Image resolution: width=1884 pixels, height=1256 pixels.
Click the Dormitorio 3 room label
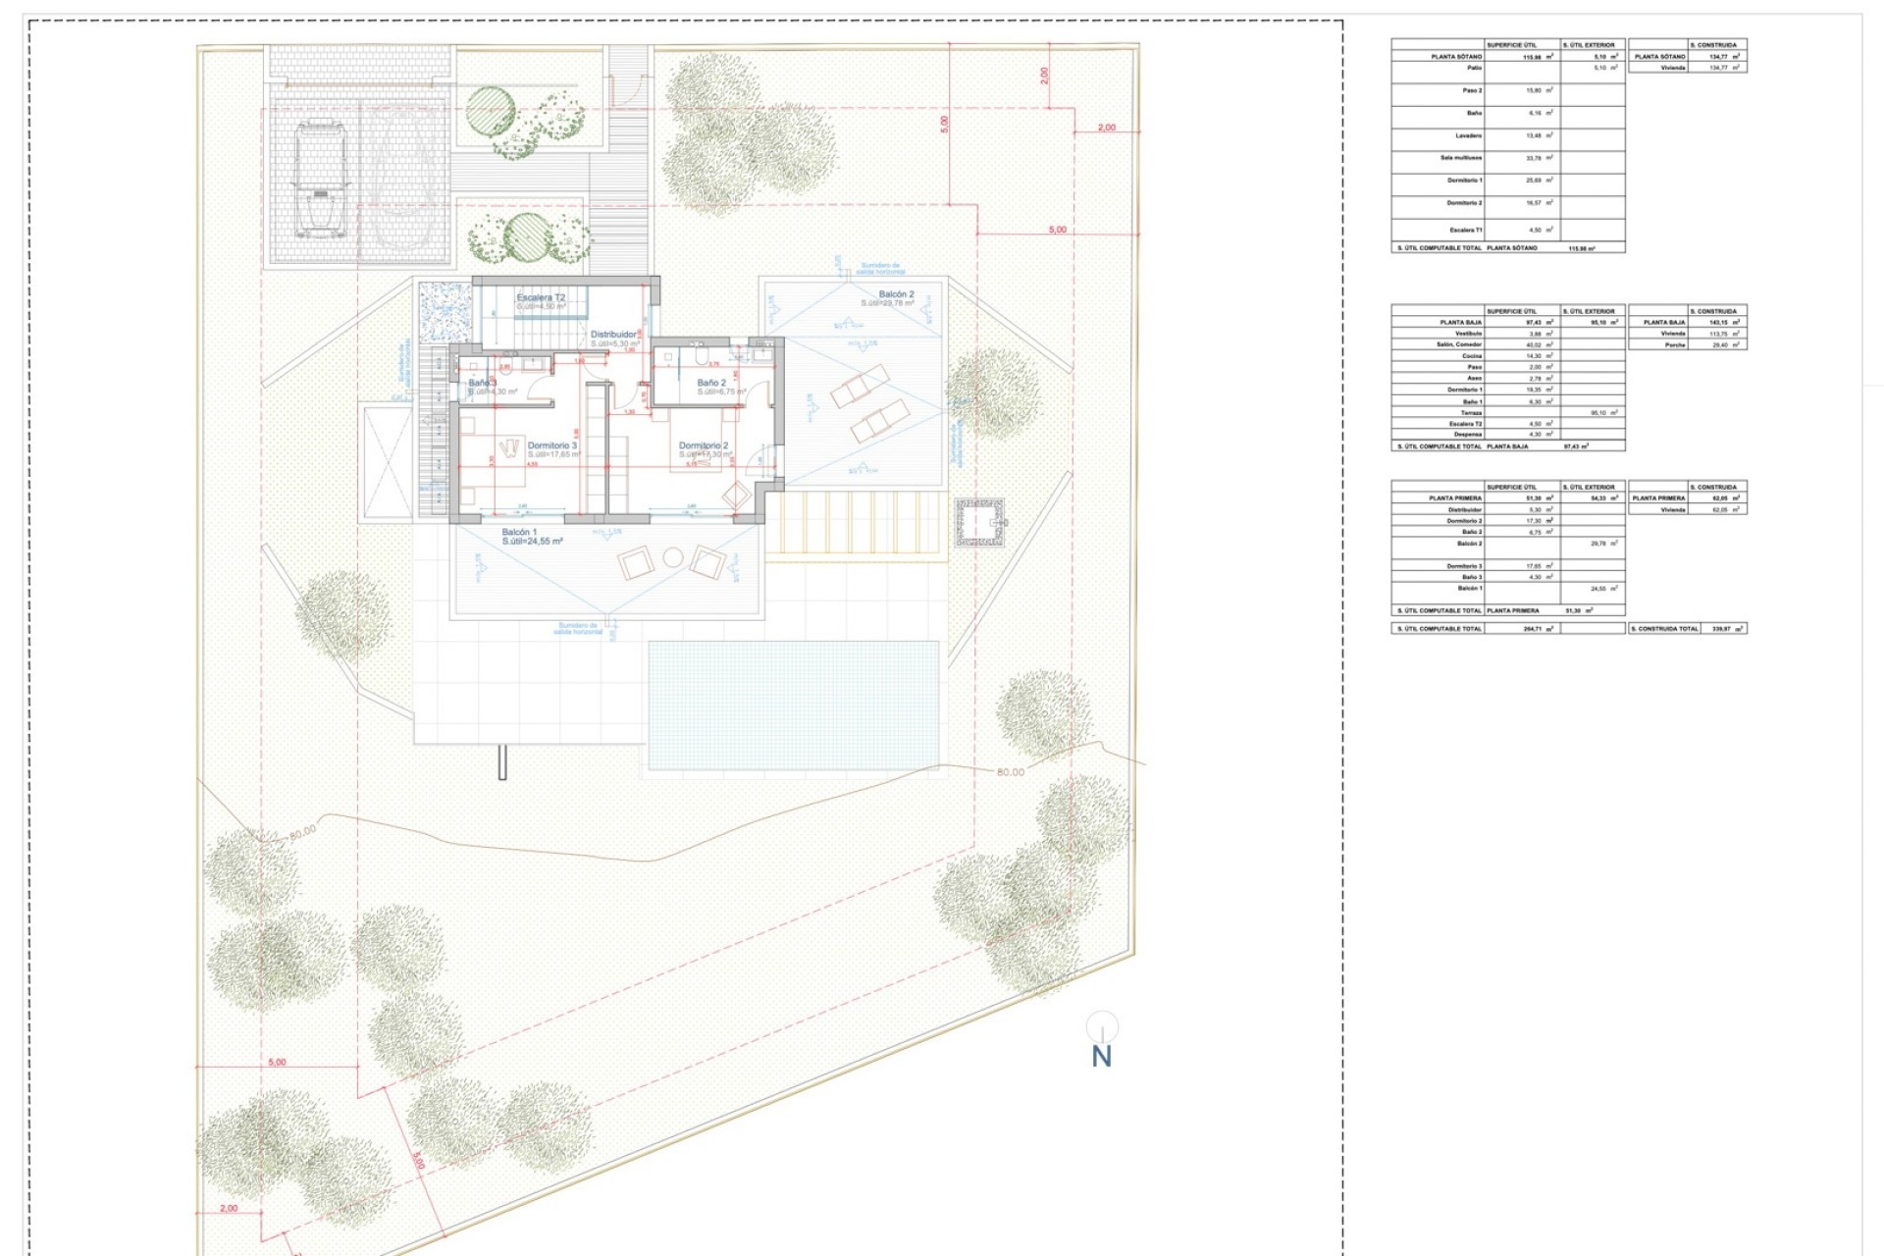coord(552,445)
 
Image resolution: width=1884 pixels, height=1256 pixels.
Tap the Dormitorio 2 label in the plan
coord(704,445)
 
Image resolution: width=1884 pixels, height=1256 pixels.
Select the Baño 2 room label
coord(711,383)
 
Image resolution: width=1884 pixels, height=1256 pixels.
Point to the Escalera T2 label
coord(541,297)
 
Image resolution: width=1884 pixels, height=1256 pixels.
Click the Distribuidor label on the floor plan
coord(613,335)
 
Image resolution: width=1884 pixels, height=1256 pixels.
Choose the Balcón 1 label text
coord(519,532)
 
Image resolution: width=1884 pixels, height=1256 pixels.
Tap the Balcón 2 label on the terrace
coord(896,294)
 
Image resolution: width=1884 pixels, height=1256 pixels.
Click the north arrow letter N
coord(1102,1057)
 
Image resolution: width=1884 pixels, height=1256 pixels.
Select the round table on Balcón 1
coord(672,558)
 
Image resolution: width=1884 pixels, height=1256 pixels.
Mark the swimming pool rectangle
coord(793,704)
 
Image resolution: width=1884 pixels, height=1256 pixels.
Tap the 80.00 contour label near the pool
coord(1010,772)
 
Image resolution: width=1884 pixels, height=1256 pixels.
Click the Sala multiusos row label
coord(1461,158)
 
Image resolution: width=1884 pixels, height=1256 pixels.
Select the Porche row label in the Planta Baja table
coord(1675,344)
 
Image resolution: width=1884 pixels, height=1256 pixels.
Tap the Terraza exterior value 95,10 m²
coord(1603,413)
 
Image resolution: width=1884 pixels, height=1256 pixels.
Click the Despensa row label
coord(1468,435)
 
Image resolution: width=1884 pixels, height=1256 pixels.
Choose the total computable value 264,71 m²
coord(1537,628)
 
